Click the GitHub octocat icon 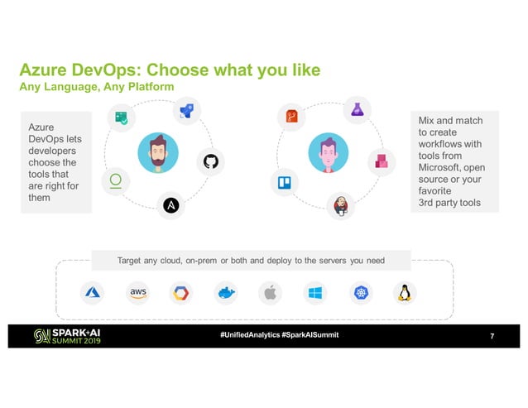pos(209,161)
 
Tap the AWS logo pos(137,292)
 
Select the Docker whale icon pos(225,292)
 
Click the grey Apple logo pos(269,292)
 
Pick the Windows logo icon pos(315,292)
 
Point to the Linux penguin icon pos(405,292)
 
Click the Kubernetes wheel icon pos(361,292)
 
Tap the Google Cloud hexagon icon pos(181,292)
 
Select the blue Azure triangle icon pos(91,292)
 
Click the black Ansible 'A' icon pos(171,204)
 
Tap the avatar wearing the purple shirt pos(325,153)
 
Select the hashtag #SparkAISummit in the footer pos(310,334)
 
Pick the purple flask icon pos(358,109)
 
